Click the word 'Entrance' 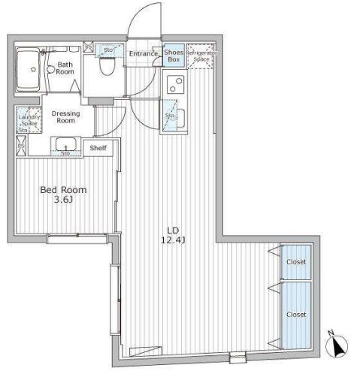coord(143,53)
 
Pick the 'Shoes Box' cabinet coord(174,55)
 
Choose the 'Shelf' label coord(98,148)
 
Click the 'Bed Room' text coord(63,190)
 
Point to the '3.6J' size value coord(63,201)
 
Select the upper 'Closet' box coord(295,261)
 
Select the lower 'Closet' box coord(295,314)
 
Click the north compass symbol coord(336,346)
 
